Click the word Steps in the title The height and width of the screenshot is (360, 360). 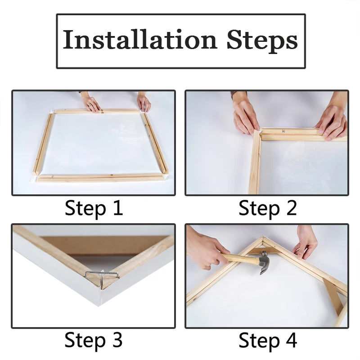click(x=262, y=40)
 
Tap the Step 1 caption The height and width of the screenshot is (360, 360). click(x=94, y=209)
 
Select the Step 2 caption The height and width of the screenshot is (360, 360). click(x=267, y=209)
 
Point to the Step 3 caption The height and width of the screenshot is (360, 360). click(x=94, y=340)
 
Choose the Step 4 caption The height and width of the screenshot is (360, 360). click(x=267, y=340)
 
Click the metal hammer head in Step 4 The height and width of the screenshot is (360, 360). click(x=264, y=262)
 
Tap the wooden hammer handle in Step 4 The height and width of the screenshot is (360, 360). click(x=241, y=259)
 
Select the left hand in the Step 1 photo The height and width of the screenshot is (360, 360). click(x=91, y=103)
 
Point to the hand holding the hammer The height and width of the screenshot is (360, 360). click(x=205, y=250)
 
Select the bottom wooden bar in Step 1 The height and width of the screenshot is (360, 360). click(x=100, y=178)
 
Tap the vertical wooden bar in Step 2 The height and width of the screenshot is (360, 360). click(x=255, y=164)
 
